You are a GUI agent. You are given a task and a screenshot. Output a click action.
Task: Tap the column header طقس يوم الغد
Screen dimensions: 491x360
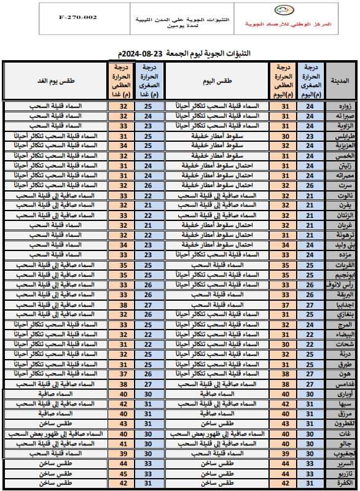(55, 80)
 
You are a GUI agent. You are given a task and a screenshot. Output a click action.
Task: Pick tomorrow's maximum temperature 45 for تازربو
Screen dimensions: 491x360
(122, 473)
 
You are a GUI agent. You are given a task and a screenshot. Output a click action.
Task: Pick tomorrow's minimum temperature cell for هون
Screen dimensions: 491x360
(148, 374)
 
